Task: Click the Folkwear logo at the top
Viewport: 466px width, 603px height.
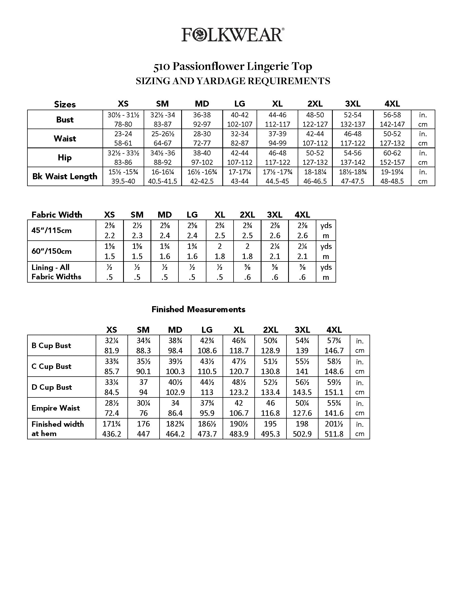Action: click(x=233, y=35)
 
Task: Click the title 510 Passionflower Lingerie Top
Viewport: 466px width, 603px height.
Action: click(x=233, y=67)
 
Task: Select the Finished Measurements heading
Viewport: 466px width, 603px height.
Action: click(x=198, y=309)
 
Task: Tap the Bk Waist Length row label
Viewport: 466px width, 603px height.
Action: click(x=65, y=177)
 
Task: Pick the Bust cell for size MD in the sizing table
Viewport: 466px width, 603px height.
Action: click(x=202, y=120)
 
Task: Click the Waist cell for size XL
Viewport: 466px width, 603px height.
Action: click(x=277, y=138)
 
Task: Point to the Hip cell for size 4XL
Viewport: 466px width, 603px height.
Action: click(x=392, y=157)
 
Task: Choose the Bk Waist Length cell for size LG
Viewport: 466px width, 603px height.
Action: click(x=240, y=177)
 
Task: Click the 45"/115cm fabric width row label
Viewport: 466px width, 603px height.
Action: click(x=52, y=230)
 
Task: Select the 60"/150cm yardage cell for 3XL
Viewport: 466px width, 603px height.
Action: click(x=275, y=251)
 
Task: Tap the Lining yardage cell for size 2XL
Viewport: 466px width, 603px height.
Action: click(x=247, y=272)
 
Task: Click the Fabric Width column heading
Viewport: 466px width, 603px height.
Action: click(x=57, y=215)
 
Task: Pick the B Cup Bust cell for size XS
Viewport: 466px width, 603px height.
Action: click(x=112, y=345)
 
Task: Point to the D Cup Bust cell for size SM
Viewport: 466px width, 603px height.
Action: click(x=143, y=387)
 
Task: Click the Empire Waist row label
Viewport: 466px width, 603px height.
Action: click(x=56, y=408)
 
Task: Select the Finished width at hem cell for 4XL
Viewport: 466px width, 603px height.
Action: click(x=334, y=429)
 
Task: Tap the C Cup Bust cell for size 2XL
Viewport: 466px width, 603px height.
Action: click(x=270, y=366)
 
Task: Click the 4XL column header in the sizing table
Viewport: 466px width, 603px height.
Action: click(x=392, y=104)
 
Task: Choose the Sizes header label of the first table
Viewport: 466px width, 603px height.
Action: click(x=65, y=104)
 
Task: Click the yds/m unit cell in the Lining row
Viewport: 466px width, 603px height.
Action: click(x=326, y=272)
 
